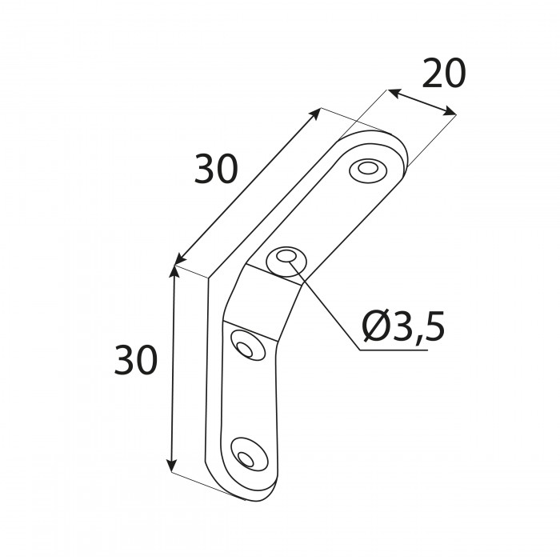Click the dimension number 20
tap(443, 74)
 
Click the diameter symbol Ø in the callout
tap(374, 326)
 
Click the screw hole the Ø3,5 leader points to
tap(286, 260)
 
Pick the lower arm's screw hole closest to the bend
tap(244, 346)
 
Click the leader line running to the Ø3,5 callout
tap(328, 309)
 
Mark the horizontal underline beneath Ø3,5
tap(400, 350)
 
